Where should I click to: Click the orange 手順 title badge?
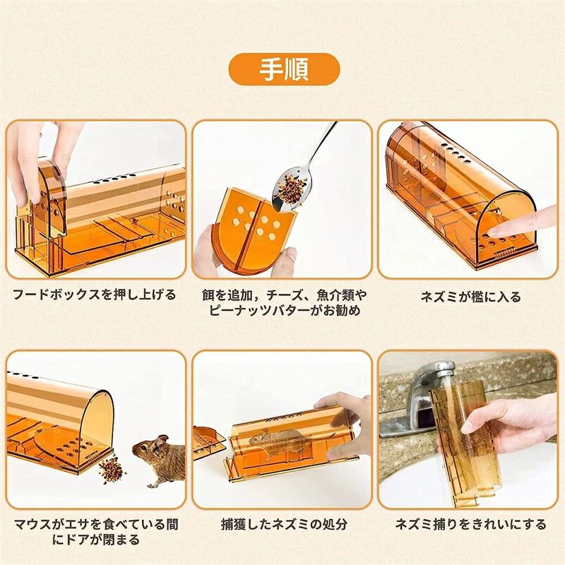click(x=283, y=69)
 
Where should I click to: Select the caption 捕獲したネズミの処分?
click(x=282, y=524)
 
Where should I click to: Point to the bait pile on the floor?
click(x=111, y=467)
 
